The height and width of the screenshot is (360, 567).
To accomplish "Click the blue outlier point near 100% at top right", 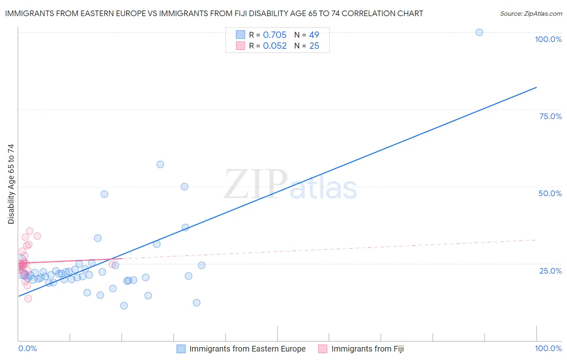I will pyautogui.click(x=479, y=32).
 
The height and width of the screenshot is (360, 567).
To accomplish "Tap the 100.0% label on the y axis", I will pyautogui.click(x=548, y=39).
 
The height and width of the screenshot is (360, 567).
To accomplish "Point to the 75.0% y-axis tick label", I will pyautogui.click(x=550, y=116).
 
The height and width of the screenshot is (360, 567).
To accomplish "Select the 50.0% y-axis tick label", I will pyautogui.click(x=550, y=193).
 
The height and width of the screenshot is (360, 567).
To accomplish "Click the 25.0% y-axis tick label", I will pyautogui.click(x=550, y=270).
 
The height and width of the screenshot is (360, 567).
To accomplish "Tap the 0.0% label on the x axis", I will pyautogui.click(x=27, y=348).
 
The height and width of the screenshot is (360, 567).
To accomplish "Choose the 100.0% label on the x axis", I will pyautogui.click(x=548, y=348).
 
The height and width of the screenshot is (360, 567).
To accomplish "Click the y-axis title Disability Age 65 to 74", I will pyautogui.click(x=11, y=184).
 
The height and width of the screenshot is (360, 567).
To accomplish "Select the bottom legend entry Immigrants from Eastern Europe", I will pyautogui.click(x=247, y=349).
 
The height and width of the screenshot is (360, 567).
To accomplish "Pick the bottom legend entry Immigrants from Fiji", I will pyautogui.click(x=367, y=349).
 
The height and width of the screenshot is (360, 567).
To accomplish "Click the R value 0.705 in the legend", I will pyautogui.click(x=275, y=35).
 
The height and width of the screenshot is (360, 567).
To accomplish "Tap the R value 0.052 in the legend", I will pyautogui.click(x=275, y=46).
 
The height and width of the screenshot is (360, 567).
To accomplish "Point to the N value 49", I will pyautogui.click(x=314, y=35).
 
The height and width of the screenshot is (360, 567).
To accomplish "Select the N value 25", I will pyautogui.click(x=314, y=46).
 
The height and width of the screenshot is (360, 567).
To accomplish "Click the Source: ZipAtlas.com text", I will pyautogui.click(x=531, y=13).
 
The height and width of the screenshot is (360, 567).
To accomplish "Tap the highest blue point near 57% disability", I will pyautogui.click(x=160, y=164).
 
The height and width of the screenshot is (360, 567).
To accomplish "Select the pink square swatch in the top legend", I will pyautogui.click(x=240, y=46).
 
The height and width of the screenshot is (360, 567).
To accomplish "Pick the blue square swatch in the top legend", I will pyautogui.click(x=240, y=35).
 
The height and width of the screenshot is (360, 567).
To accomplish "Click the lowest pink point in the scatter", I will pyautogui.click(x=28, y=299).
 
